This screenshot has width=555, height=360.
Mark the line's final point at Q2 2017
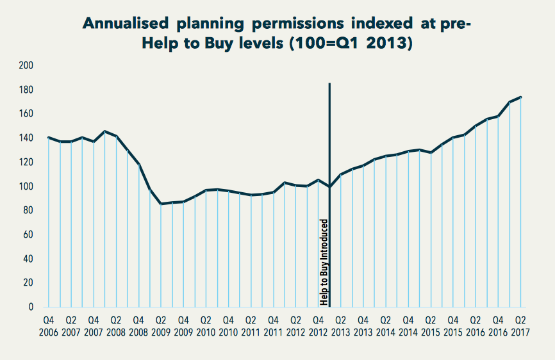(521, 97)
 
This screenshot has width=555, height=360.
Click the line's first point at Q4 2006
(49, 137)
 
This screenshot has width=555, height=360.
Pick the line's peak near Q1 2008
(105, 131)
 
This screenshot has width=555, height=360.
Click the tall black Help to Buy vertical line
(329, 141)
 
